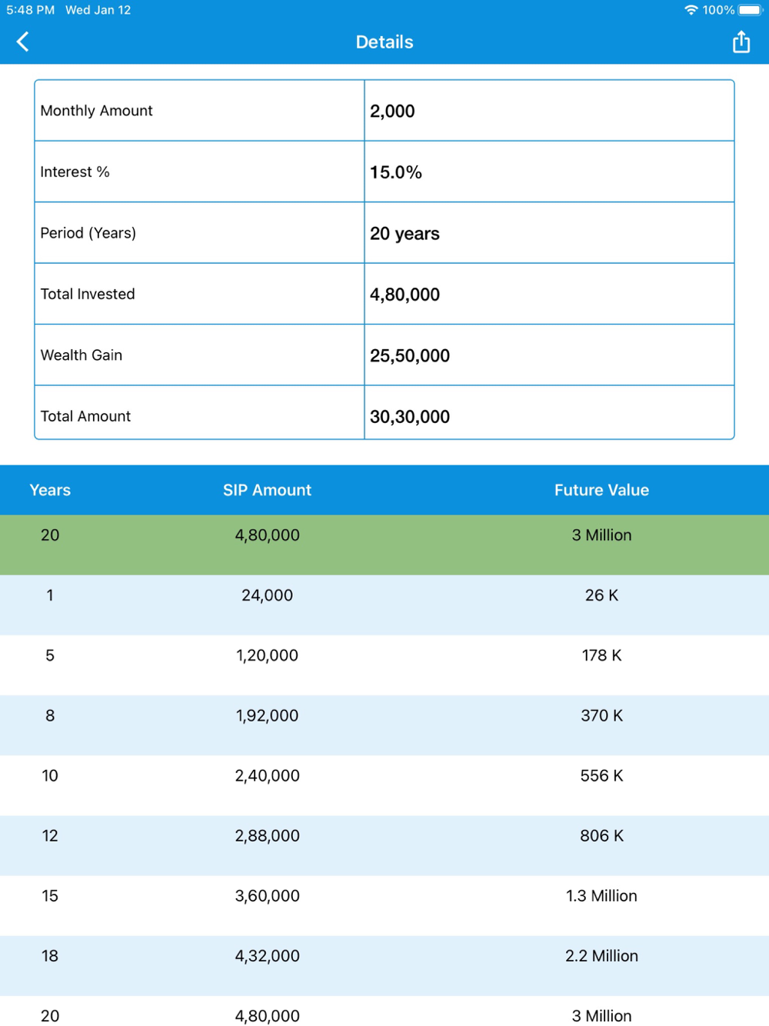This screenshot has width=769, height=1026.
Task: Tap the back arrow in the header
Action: click(x=23, y=42)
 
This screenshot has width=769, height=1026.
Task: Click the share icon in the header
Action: click(x=741, y=42)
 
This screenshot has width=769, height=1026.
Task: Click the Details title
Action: click(x=384, y=42)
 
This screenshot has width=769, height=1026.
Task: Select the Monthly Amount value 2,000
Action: click(x=392, y=111)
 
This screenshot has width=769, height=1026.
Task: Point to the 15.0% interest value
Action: click(x=396, y=172)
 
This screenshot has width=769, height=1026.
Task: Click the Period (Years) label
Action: click(x=88, y=233)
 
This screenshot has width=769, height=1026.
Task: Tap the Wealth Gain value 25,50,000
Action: click(x=410, y=355)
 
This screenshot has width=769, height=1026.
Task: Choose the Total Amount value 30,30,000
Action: click(x=410, y=417)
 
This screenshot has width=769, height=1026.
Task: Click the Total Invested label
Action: click(x=88, y=294)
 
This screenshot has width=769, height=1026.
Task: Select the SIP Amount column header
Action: click(x=267, y=490)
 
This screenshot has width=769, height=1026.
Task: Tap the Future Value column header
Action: click(x=601, y=490)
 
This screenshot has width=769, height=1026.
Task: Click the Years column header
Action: click(x=50, y=490)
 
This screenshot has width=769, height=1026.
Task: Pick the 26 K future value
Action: click(x=601, y=595)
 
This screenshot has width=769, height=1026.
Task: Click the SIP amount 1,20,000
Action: click(x=267, y=655)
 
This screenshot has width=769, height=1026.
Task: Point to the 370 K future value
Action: click(x=601, y=715)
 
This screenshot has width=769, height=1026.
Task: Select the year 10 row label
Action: click(x=50, y=775)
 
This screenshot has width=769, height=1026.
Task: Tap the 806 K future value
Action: click(x=601, y=835)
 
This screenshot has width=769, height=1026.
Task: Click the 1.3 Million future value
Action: click(x=601, y=895)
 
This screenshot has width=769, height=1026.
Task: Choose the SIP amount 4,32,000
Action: click(x=267, y=955)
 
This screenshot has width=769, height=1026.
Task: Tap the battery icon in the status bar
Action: click(x=750, y=10)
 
